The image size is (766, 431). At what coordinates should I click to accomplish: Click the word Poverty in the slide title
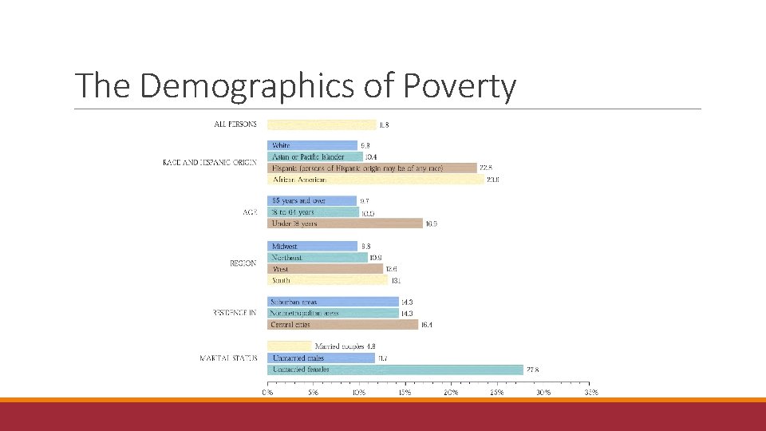coord(460,85)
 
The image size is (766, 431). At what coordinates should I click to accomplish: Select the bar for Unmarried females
coord(395,370)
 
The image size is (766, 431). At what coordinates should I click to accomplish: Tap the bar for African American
coord(375,180)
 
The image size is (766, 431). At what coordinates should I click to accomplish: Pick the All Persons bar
coord(321,125)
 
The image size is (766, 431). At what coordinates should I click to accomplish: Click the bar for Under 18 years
coord(345,223)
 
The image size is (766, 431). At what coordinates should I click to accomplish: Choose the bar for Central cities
coord(342,325)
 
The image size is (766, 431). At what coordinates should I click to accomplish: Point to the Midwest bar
coord(312,247)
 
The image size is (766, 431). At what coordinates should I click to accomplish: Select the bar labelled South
coord(327,280)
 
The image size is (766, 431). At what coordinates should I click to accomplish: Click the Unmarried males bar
coord(321,358)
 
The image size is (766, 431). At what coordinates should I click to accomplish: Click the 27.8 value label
coord(533,370)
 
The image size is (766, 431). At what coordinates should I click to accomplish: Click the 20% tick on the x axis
coord(451,392)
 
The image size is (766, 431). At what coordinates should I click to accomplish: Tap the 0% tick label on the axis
coord(268,392)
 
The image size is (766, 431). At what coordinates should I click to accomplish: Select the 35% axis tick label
coord(591,392)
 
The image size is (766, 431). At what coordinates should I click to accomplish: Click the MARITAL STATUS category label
coord(228,358)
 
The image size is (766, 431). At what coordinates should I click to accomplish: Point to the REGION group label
coord(243,263)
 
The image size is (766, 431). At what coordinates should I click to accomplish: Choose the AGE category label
coord(249,212)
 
